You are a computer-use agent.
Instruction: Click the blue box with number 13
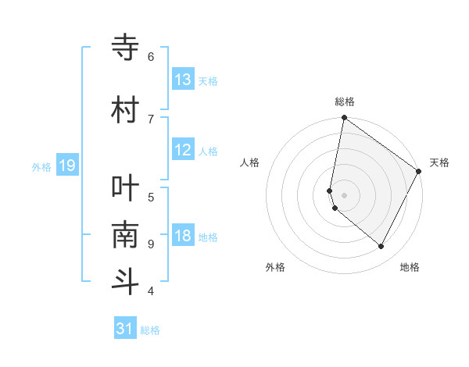[183, 80]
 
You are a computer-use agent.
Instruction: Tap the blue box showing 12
[183, 151]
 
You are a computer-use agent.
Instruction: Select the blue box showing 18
[183, 237]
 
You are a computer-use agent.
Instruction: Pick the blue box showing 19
[66, 166]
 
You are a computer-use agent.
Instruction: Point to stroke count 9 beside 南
[151, 244]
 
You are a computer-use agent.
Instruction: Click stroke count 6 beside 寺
[151, 56]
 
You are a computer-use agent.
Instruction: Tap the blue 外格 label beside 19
[41, 166]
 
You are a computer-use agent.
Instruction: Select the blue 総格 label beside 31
[150, 330]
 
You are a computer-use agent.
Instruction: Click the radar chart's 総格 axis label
[344, 102]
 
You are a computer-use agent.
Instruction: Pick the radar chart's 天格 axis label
[439, 162]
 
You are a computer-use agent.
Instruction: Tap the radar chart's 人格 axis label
[249, 162]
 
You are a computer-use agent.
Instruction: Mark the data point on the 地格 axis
[381, 247]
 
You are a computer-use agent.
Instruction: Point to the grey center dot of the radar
[344, 195]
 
